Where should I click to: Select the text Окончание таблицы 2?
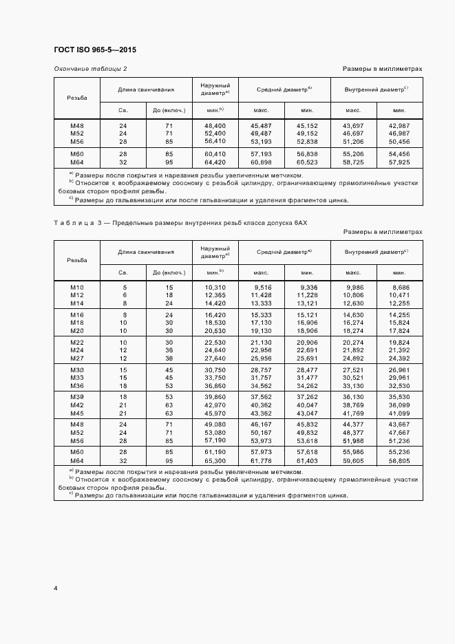click(90, 69)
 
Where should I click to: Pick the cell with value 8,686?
click(399, 287)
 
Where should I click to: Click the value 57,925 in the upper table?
click(399, 162)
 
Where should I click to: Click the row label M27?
click(77, 358)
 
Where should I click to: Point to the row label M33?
click(77, 378)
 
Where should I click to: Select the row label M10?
click(77, 287)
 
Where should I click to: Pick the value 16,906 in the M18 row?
click(307, 322)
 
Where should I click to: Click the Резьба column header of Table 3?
click(77, 260)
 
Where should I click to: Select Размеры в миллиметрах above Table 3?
click(383, 232)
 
